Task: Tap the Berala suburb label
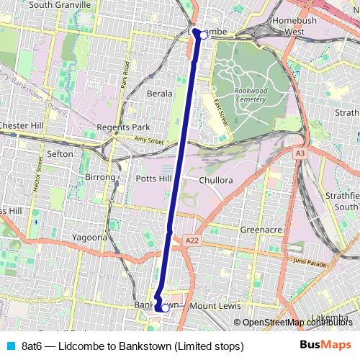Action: [159, 94]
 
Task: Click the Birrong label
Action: [100, 177]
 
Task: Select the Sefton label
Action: [59, 154]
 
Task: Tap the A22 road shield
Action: [191, 240]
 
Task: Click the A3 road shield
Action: [300, 153]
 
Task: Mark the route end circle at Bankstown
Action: [165, 308]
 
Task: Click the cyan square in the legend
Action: [9, 346]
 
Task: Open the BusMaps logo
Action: [325, 346]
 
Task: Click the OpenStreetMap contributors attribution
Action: [297, 323]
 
